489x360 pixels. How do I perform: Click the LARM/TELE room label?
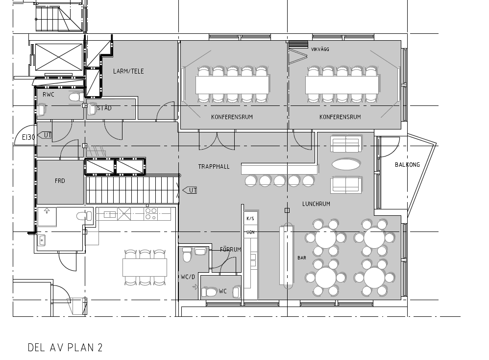(128, 71)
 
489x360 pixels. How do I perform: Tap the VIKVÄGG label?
(320, 50)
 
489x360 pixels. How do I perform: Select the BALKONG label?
(407, 164)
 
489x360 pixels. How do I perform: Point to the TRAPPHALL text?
(214, 167)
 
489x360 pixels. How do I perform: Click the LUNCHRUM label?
(316, 204)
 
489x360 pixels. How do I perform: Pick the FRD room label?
(60, 181)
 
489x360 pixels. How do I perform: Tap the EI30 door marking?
(28, 137)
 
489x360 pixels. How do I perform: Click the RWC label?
(49, 94)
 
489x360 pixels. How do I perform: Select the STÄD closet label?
(104, 108)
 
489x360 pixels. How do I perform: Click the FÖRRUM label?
(230, 250)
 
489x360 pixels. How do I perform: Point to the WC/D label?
(188, 277)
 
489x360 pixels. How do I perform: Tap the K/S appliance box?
(251, 219)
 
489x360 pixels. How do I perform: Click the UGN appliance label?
(250, 232)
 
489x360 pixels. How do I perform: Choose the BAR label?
(301, 258)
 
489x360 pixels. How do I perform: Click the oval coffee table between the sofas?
(346, 164)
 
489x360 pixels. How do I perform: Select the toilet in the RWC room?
(75, 98)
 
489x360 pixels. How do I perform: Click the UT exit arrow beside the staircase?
(190, 190)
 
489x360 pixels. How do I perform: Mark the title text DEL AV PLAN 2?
(65, 348)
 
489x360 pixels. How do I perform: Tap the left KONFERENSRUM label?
(232, 117)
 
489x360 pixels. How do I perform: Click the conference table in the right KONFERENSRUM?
(342, 85)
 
